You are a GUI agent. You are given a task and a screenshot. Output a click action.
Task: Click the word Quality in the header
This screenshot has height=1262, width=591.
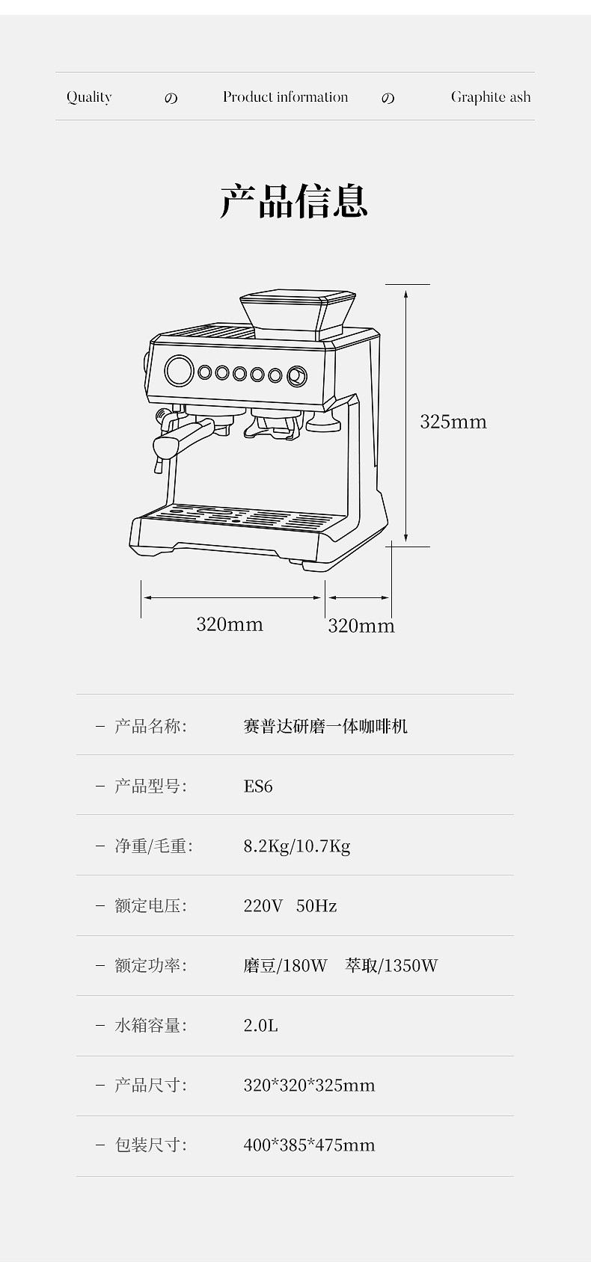click(89, 97)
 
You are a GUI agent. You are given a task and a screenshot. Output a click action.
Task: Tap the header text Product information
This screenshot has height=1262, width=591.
click(285, 97)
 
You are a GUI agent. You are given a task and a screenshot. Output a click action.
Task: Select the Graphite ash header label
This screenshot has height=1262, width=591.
click(490, 97)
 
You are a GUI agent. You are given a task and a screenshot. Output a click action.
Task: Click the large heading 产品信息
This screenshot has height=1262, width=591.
click(294, 200)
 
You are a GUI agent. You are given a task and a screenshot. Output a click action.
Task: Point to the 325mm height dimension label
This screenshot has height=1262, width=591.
click(453, 422)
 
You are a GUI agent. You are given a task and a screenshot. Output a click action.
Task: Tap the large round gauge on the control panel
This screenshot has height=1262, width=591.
click(179, 370)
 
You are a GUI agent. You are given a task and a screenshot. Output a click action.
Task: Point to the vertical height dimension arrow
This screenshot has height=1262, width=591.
click(405, 415)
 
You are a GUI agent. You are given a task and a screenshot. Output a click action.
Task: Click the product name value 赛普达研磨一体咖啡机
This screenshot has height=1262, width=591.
click(325, 726)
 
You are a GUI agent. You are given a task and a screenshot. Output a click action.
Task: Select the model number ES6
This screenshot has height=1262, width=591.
click(258, 786)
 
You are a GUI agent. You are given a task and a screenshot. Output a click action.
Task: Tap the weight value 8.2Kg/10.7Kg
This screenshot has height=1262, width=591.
click(296, 846)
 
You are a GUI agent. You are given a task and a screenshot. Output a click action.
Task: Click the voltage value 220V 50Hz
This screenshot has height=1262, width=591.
click(290, 905)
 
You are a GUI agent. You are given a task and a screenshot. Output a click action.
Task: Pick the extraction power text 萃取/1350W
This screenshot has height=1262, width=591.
click(391, 965)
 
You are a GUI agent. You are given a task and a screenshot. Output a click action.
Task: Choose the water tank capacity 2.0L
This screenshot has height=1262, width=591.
click(260, 1025)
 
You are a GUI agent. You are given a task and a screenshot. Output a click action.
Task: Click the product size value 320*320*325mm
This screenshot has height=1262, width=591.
click(309, 1085)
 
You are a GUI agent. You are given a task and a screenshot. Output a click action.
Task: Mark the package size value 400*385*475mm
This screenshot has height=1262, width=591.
click(309, 1145)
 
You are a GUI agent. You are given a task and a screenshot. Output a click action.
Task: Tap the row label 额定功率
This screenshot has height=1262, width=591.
click(150, 965)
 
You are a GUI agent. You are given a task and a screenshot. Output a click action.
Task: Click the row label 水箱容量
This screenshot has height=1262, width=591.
click(150, 1025)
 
